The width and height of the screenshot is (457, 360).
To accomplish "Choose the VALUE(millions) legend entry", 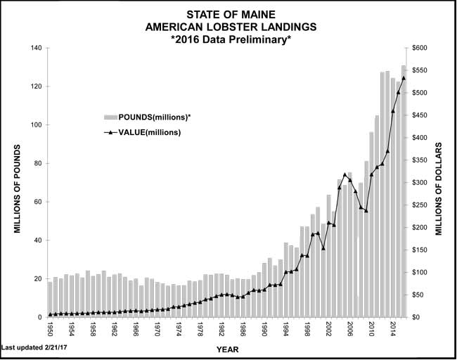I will click(x=148, y=132).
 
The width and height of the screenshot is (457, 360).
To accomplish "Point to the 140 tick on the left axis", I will click(x=35, y=49).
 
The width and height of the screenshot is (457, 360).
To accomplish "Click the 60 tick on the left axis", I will click(x=37, y=202).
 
